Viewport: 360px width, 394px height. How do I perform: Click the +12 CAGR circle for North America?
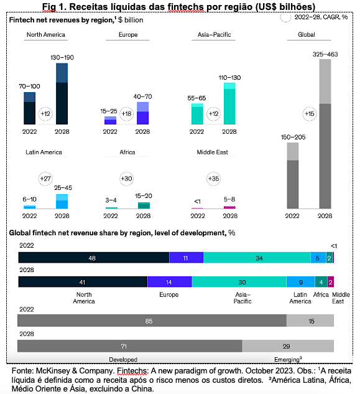click(x=45, y=114)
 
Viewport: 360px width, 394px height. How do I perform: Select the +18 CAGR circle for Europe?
click(x=126, y=114)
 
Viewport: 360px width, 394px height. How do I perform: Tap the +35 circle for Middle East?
click(x=213, y=179)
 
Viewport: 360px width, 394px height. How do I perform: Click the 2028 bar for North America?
click(x=62, y=94)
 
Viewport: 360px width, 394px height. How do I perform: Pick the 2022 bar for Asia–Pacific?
click(x=197, y=114)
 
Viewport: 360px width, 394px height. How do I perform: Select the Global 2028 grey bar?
click(x=325, y=134)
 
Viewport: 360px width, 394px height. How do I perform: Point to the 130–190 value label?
click(x=62, y=57)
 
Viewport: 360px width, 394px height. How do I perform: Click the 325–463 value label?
click(x=325, y=54)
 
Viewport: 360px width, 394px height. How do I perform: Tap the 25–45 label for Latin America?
click(x=63, y=188)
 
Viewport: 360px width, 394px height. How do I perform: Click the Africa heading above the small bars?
click(x=127, y=152)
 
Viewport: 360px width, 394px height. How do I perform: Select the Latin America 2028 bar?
click(x=62, y=201)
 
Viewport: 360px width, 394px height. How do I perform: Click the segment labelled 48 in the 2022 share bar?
click(x=94, y=258)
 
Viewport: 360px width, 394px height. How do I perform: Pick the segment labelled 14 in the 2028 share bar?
click(x=170, y=282)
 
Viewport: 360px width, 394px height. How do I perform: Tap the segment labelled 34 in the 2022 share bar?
click(x=257, y=258)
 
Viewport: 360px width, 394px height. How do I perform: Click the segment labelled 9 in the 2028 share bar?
click(x=301, y=282)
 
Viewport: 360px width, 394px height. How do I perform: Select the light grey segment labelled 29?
click(x=288, y=346)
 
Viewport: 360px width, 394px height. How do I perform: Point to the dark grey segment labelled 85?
click(x=152, y=321)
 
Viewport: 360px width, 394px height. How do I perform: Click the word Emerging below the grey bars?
click(x=287, y=360)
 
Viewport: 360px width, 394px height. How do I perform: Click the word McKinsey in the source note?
click(x=53, y=371)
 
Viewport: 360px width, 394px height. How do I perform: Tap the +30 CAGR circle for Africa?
click(x=126, y=179)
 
